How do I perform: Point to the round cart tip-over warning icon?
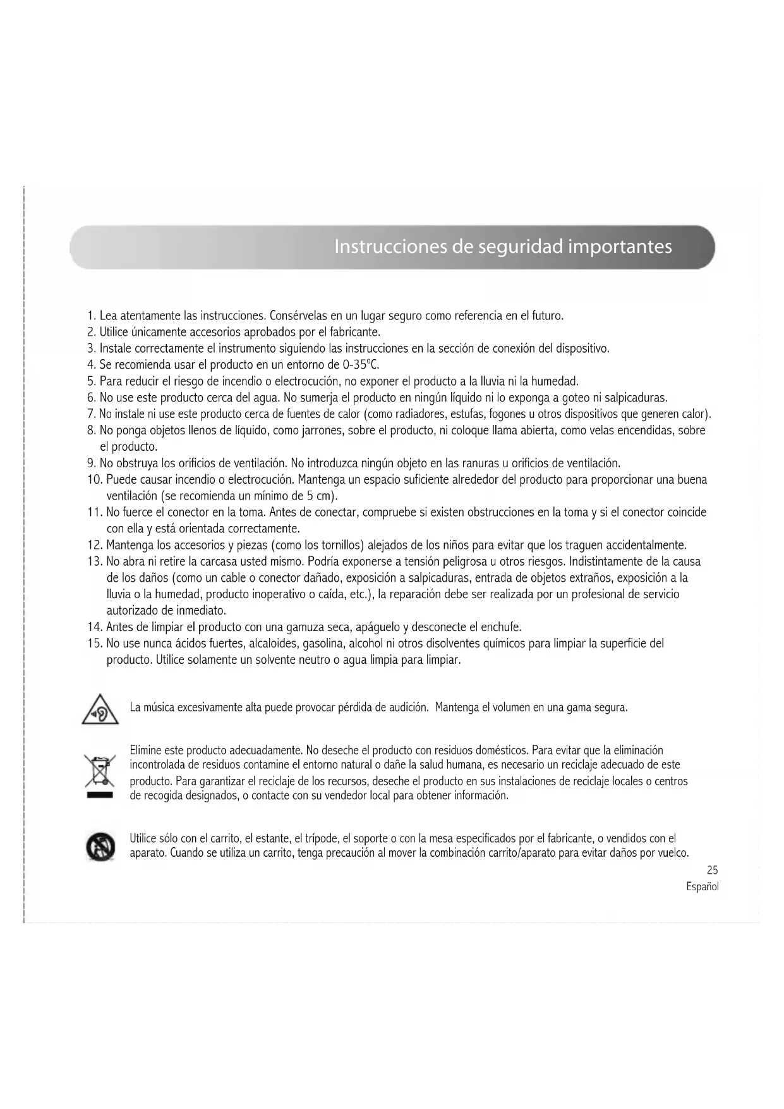[100, 847]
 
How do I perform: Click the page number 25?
[712, 870]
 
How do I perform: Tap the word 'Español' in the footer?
[702, 886]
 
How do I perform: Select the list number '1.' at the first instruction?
[92, 316]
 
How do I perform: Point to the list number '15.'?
[95, 644]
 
